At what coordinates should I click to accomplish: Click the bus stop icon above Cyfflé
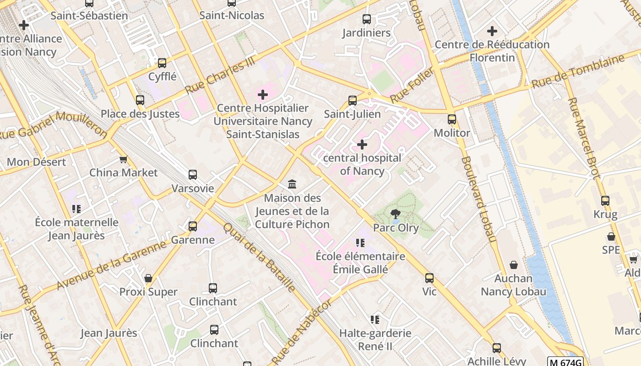point(162,63)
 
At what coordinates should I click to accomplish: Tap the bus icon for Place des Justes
point(140,100)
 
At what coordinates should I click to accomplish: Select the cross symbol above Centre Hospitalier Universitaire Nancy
point(263,95)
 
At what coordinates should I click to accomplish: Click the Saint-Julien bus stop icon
point(353,101)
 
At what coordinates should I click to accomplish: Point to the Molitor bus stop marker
point(452,119)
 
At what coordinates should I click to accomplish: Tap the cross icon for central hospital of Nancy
point(362,145)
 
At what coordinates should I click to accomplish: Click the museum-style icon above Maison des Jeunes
point(292,184)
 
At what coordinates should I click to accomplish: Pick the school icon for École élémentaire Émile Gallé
point(360,243)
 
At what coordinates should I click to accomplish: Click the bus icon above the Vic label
point(429,278)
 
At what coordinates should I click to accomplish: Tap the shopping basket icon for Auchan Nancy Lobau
point(514,265)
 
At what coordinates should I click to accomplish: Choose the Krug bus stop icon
point(605,201)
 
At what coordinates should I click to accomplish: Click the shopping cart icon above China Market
point(123,159)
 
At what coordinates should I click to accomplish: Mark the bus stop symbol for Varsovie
point(193,175)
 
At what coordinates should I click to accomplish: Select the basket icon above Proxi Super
point(148,278)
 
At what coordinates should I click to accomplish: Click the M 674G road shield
point(565,362)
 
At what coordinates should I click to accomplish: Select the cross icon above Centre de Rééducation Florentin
point(492,31)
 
